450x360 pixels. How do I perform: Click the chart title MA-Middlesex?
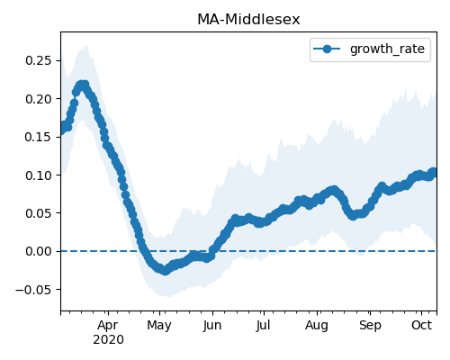point(248,20)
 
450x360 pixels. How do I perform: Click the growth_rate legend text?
point(387,49)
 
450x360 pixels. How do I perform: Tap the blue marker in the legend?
point(327,49)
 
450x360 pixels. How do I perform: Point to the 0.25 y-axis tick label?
point(39,60)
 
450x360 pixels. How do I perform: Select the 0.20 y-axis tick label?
point(39,99)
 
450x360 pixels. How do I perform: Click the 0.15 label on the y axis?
point(39,137)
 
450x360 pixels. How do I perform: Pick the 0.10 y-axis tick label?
point(39,175)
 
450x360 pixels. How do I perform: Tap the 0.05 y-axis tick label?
point(39,213)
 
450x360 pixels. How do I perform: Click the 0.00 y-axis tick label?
point(39,251)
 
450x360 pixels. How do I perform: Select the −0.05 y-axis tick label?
point(33,290)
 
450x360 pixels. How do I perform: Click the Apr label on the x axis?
point(108,325)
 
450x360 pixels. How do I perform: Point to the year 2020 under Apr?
point(108,339)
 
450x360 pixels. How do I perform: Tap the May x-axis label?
point(159,326)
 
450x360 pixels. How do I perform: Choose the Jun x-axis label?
point(212,325)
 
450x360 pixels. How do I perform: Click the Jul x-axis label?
point(264,325)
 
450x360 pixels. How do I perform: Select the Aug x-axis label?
point(317,326)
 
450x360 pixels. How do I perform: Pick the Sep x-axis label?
point(370,326)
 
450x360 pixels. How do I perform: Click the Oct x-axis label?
point(421,325)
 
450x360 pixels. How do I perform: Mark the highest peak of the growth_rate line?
point(83,85)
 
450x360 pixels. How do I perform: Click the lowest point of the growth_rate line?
point(165,271)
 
